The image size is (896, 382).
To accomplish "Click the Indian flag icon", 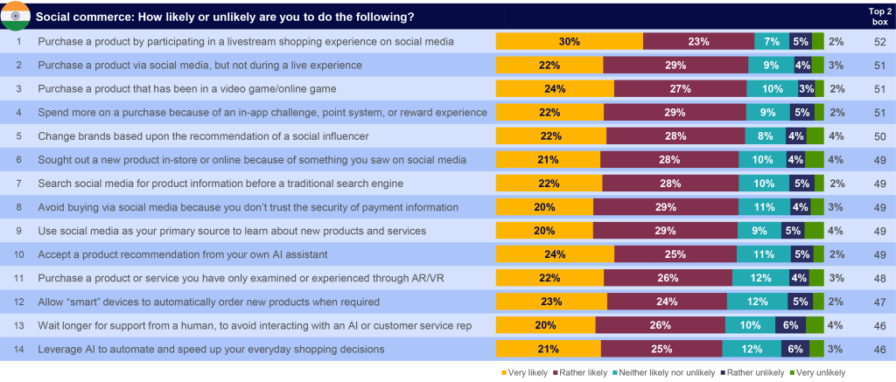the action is (x=16, y=16).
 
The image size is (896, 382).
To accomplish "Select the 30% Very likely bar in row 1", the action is (x=569, y=42).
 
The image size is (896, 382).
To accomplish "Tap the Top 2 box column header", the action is (x=879, y=17).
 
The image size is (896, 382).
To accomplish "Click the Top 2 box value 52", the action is (x=879, y=42).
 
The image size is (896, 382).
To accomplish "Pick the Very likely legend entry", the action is (x=524, y=373).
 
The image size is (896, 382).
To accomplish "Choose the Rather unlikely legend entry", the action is (x=752, y=373).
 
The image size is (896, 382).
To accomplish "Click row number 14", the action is (x=19, y=348).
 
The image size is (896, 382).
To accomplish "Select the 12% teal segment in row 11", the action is (x=761, y=277).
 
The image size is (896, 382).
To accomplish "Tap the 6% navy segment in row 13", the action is (x=791, y=325).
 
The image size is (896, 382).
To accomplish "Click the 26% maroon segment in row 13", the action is (x=661, y=325).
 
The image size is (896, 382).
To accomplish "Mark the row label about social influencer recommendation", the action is (x=203, y=135).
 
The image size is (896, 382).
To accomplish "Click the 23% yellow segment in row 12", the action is (x=551, y=301).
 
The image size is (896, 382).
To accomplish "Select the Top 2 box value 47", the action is (x=879, y=301).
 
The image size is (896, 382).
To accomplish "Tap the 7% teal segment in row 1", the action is (x=772, y=42).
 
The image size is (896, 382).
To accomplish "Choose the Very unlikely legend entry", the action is (x=818, y=373).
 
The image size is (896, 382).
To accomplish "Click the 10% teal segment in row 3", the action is (x=773, y=88).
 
